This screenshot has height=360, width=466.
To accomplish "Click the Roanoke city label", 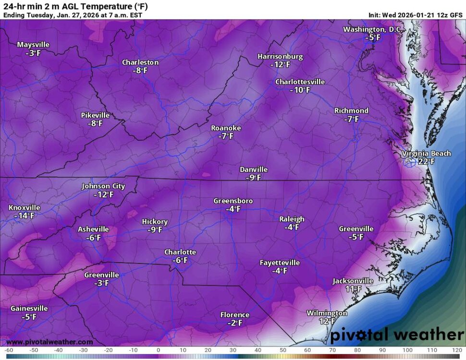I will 226,128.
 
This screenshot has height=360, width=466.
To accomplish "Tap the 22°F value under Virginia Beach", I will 426,162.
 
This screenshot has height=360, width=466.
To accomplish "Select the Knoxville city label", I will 24,208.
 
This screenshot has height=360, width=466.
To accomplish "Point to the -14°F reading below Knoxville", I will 24,216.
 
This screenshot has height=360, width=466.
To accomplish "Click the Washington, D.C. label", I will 371,29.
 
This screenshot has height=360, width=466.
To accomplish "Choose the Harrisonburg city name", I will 280,57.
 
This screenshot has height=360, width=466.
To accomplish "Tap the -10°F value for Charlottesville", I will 300,90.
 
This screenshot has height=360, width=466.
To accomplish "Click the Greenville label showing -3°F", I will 101,275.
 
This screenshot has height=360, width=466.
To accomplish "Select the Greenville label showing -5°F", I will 356,229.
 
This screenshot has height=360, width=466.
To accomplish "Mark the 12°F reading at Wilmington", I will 327,322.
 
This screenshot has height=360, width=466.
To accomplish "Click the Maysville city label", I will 33,45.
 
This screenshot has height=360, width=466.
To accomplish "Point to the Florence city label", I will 234,315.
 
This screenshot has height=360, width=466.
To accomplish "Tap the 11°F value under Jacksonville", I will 353,289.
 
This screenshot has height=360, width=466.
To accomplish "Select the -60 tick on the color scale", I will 9,350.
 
